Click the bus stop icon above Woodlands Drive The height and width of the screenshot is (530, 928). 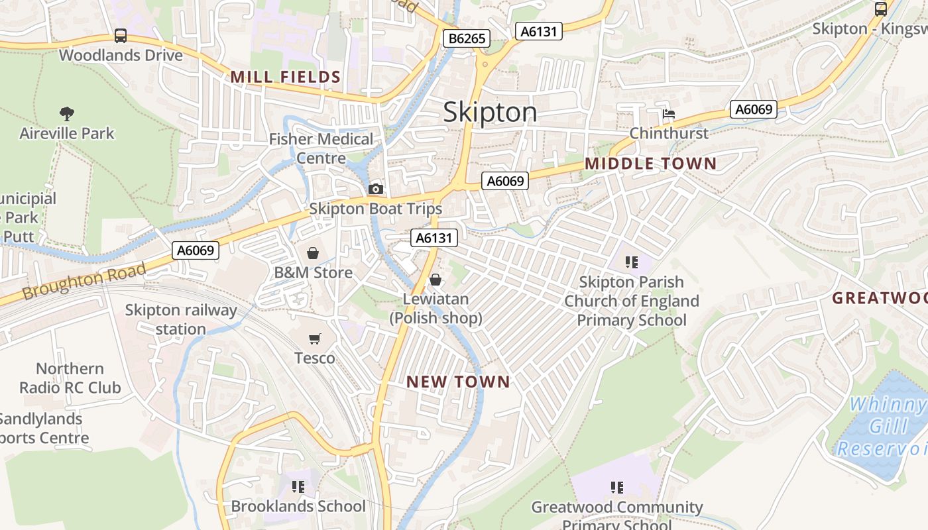click(x=120, y=36)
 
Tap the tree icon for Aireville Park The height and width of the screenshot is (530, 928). click(x=66, y=114)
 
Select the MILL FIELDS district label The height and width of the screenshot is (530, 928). click(x=286, y=78)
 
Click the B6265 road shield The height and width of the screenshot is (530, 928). click(x=467, y=38)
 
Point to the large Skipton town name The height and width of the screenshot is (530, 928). click(x=490, y=112)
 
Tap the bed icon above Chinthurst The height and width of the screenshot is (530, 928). click(x=668, y=114)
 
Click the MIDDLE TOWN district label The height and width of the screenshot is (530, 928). click(x=650, y=164)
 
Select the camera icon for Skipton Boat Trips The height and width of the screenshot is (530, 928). click(x=376, y=189)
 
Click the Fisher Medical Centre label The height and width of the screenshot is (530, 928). click(x=321, y=148)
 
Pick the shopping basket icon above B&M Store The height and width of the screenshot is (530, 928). click(x=313, y=253)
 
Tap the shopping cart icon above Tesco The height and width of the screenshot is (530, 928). click(x=314, y=339)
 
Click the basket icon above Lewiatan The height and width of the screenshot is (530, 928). click(x=435, y=280)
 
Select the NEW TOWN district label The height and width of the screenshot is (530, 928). click(x=458, y=382)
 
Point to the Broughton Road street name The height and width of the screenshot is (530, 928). click(x=84, y=283)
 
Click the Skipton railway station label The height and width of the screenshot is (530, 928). click(x=181, y=319)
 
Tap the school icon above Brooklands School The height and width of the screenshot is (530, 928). click(x=298, y=487)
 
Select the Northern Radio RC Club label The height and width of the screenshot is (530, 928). click(x=70, y=378)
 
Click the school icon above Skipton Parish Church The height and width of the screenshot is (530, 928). click(x=631, y=262)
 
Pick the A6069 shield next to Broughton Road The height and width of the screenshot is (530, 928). click(x=196, y=250)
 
